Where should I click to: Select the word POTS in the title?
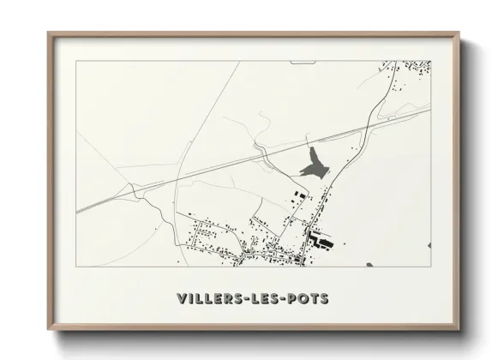pyautogui.click(x=310, y=298)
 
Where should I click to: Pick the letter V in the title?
pyautogui.click(x=182, y=298)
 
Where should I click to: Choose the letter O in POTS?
pyautogui.click(x=305, y=298)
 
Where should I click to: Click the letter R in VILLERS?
pyautogui.click(x=230, y=298)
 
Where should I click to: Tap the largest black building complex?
pyautogui.click(x=319, y=242)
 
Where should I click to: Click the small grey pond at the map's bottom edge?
pyautogui.click(x=369, y=264)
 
